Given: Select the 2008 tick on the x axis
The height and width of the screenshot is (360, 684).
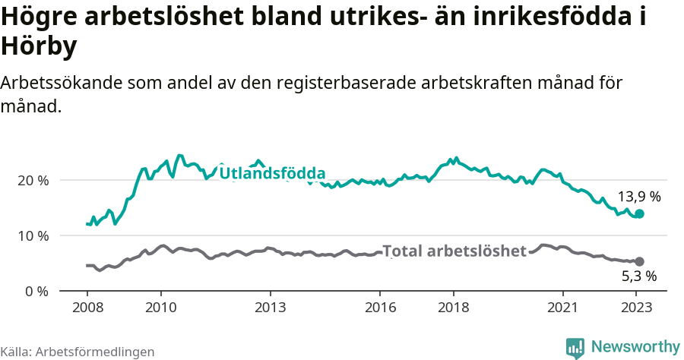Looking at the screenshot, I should click(87, 308).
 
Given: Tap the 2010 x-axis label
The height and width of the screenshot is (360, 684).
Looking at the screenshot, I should click(160, 308).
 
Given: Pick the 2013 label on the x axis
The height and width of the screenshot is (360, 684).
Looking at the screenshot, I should click(270, 308).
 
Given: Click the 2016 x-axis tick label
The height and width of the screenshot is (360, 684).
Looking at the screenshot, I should click(380, 308).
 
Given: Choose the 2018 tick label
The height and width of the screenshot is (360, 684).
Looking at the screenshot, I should click(454, 308).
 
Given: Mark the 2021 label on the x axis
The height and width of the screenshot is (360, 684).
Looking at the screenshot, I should click(563, 308).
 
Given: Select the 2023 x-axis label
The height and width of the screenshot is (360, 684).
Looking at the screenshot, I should click(637, 308).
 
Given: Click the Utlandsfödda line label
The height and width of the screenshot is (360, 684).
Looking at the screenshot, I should click(272, 173).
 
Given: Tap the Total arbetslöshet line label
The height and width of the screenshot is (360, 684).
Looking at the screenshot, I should click(454, 251).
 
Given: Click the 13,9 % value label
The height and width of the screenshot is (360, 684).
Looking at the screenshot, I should click(639, 197).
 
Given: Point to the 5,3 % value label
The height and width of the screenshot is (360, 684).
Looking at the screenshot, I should click(639, 276).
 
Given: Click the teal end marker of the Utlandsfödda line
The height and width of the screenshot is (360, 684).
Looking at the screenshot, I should click(639, 214).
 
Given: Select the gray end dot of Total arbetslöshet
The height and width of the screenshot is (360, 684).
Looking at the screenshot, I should click(639, 261).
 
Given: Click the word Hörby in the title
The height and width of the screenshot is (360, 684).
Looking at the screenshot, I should click(39, 47).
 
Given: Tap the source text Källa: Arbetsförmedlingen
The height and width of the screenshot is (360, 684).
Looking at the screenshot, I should click(78, 352).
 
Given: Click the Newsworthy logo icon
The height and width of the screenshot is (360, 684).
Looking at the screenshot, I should click(575, 348).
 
